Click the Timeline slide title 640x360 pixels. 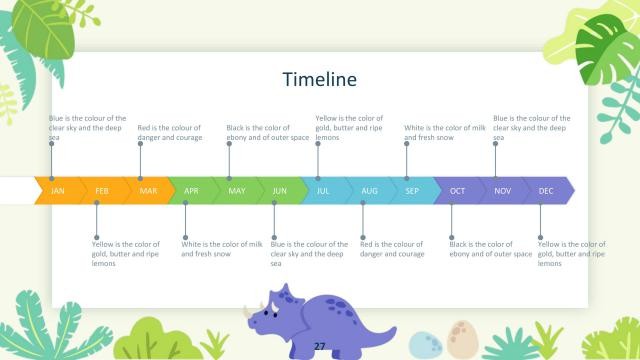point(319,79)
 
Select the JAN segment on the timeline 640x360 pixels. point(58,190)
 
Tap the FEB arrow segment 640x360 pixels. point(102,190)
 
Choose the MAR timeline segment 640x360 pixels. point(148,190)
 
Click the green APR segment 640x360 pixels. point(191,190)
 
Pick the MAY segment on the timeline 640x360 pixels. point(236,190)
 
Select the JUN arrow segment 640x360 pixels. point(279,190)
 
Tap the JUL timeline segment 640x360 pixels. point(323,190)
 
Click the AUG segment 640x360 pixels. point(369,190)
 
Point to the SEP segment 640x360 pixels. point(412,190)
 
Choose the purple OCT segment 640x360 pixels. point(457,190)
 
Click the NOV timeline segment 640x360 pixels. point(502,190)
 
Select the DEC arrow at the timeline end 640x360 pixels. point(546,190)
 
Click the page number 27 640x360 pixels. point(320,345)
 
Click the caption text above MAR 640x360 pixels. point(169,132)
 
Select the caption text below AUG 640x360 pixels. point(392,249)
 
